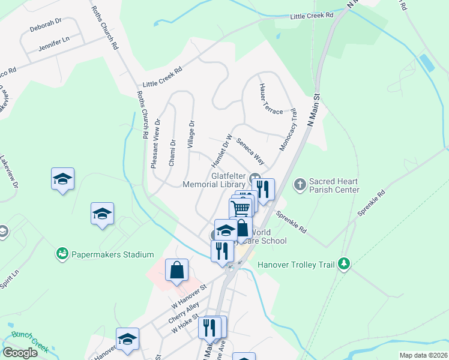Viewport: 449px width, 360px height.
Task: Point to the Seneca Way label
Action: tap(250, 152)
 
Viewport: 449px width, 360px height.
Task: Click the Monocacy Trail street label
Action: tap(288, 130)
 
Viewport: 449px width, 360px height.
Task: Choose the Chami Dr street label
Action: tap(172, 152)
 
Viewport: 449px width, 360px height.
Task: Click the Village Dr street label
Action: tap(191, 134)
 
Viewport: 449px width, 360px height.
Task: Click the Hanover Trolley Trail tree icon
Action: tap(343, 263)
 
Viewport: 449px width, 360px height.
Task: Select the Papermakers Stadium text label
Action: tap(113, 255)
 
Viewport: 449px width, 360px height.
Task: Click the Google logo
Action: tap(20, 353)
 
